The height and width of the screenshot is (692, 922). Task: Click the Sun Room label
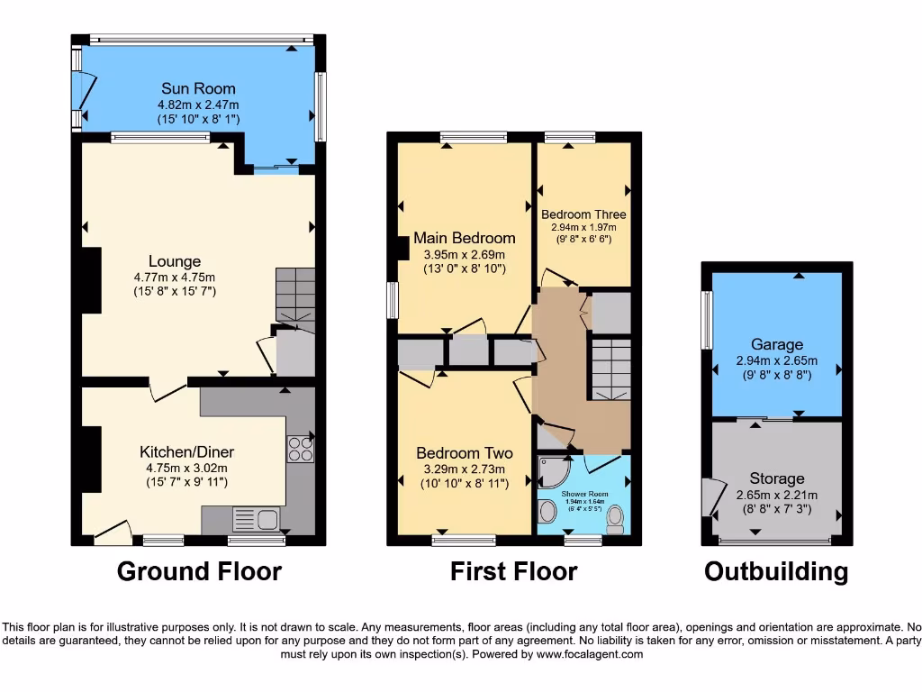click(x=198, y=88)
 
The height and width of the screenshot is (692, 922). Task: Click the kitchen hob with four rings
click(x=300, y=448)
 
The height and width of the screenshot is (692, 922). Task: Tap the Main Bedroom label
click(x=464, y=238)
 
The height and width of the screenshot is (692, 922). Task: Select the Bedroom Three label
click(x=583, y=214)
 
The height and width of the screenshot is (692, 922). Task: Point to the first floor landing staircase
click(x=611, y=369)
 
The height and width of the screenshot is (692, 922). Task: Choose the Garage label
click(x=776, y=344)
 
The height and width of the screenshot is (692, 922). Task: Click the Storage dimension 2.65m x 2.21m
click(x=776, y=495)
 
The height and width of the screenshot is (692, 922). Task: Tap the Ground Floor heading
click(x=199, y=571)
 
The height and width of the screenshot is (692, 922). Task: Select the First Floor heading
click(x=513, y=571)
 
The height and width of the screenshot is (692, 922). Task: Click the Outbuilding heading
click(x=775, y=571)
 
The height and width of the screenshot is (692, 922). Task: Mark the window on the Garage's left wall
click(x=707, y=319)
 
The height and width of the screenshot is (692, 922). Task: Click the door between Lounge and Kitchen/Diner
click(x=167, y=388)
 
